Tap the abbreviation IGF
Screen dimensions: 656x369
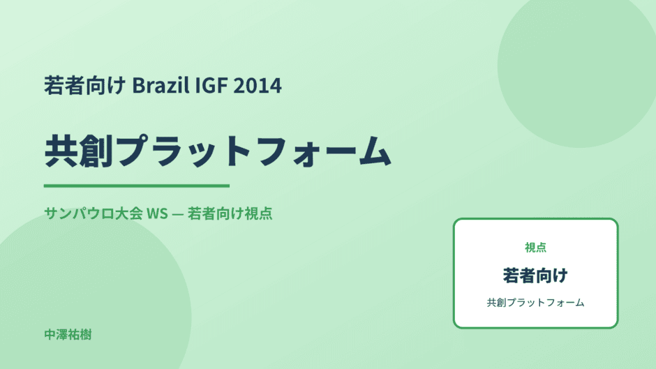(x=211, y=85)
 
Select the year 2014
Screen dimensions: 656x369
(x=258, y=85)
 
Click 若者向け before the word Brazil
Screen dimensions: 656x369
(x=85, y=85)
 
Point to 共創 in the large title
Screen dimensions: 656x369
(x=79, y=151)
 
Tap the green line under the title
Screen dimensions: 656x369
(x=137, y=186)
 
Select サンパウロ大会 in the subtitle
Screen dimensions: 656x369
(x=94, y=213)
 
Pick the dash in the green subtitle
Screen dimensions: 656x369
(x=178, y=214)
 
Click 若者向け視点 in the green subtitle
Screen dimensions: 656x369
(x=230, y=213)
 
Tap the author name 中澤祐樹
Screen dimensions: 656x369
(x=68, y=335)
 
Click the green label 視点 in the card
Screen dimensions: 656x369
(x=535, y=248)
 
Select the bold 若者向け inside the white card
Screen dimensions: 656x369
(x=535, y=276)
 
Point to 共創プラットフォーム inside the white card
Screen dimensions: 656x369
(x=535, y=303)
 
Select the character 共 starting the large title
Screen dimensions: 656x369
(x=61, y=151)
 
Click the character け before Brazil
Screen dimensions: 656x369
(x=117, y=85)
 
